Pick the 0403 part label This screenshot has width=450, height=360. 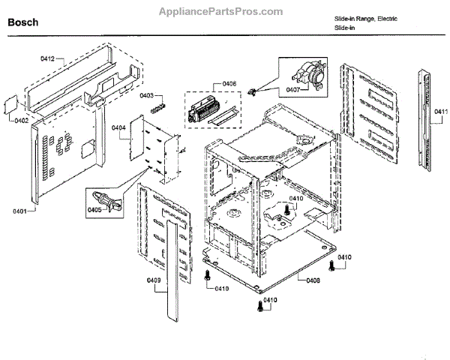pyautogui.click(x=146, y=95)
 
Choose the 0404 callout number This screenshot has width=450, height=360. pyautogui.click(x=118, y=127)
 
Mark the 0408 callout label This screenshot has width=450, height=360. pyautogui.click(x=313, y=280)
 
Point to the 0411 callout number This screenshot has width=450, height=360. pyautogui.click(x=439, y=112)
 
